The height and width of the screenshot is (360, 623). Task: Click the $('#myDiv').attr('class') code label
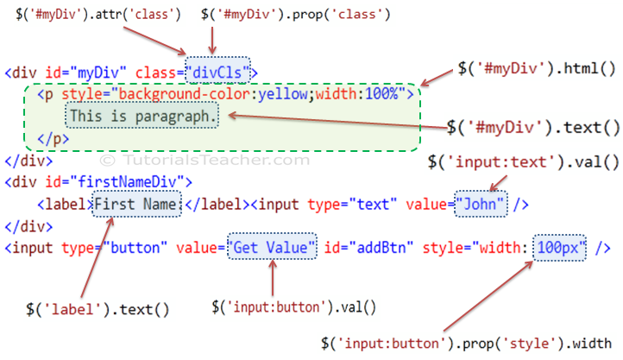point(98,15)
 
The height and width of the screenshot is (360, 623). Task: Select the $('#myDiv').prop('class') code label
point(296,15)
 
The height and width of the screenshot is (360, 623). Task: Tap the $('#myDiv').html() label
point(537,69)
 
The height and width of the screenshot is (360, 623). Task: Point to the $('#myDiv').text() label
point(533,128)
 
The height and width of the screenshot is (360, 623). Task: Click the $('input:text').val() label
point(523,162)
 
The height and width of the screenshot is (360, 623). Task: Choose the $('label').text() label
point(98,309)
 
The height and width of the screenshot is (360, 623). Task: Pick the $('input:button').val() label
point(293,307)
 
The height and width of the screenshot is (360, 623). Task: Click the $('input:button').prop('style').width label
point(467,344)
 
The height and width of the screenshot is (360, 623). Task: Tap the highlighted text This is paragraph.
point(142,116)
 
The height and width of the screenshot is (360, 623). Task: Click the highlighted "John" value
point(481,205)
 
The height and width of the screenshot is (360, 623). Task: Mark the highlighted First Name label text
point(136,205)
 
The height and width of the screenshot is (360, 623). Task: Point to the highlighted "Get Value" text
point(272,247)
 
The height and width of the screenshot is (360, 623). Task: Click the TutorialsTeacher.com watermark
point(205,160)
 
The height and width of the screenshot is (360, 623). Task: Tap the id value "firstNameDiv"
point(126,182)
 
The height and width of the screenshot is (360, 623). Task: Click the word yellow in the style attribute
point(283,95)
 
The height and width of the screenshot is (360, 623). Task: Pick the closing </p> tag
point(53,139)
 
